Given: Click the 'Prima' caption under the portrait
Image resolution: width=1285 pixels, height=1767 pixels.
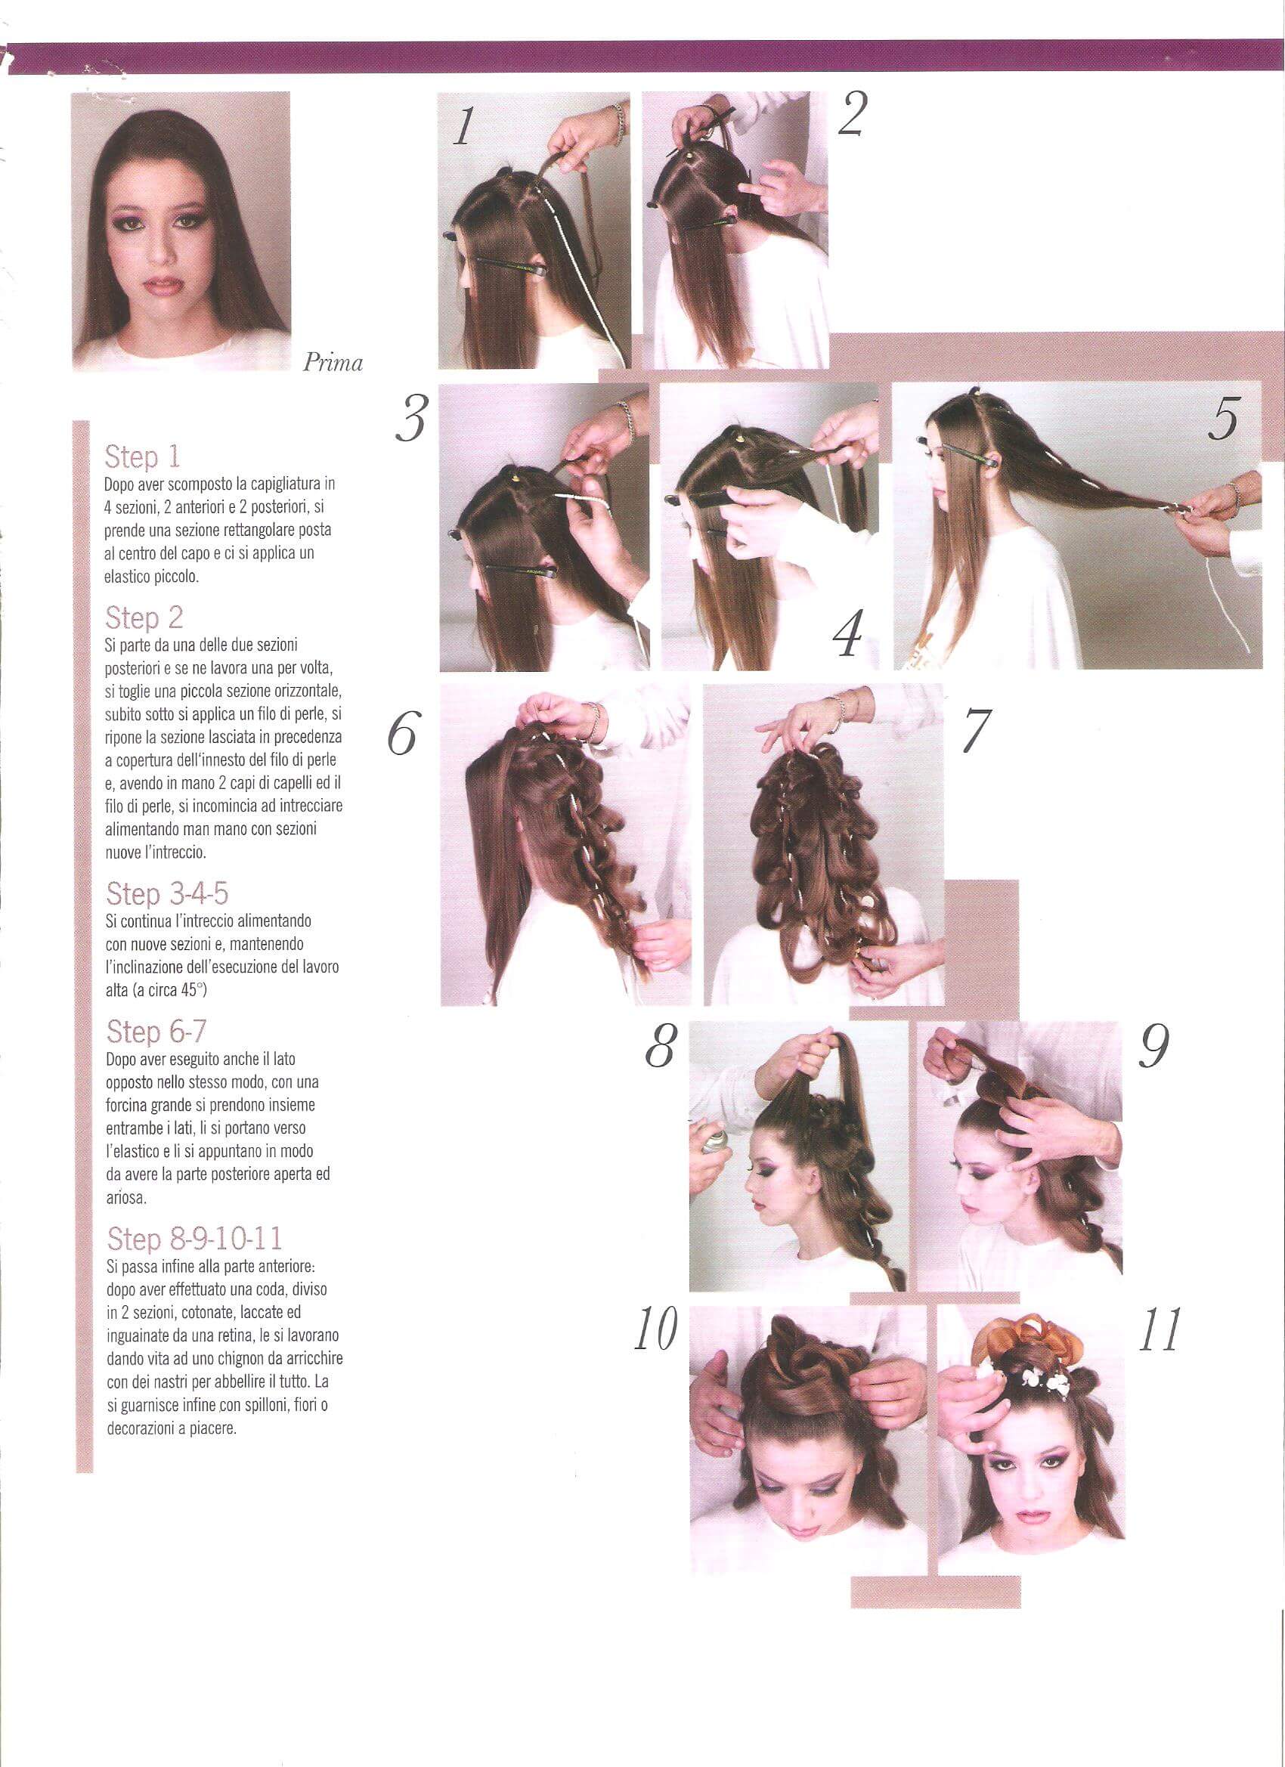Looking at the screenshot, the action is click(x=333, y=363).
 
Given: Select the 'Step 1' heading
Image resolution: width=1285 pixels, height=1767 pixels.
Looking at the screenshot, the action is click(x=143, y=456).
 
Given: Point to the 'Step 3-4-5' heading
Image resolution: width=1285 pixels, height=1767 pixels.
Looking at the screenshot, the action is click(x=168, y=893).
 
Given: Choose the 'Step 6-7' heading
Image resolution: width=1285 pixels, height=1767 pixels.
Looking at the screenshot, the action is click(x=156, y=1032).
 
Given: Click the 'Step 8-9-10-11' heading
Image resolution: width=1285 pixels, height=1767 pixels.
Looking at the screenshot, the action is click(x=195, y=1238).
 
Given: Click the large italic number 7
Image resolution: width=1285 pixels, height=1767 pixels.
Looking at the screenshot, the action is click(x=976, y=729).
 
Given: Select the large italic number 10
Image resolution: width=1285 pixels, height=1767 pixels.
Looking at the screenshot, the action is click(x=655, y=1330).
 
